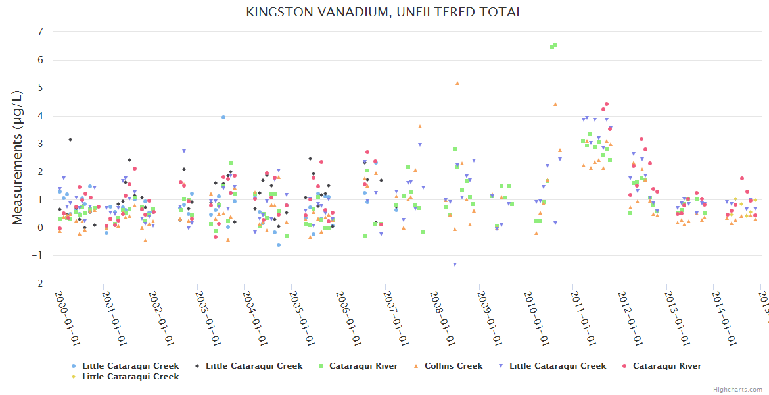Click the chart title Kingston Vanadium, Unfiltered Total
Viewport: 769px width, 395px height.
pyautogui.click(x=384, y=12)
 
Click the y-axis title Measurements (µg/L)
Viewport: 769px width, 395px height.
pyautogui.click(x=18, y=158)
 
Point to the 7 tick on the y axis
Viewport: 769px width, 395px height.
pyautogui.click(x=41, y=32)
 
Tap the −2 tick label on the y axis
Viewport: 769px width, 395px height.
pyautogui.click(x=39, y=284)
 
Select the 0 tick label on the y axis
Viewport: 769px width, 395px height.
pyautogui.click(x=41, y=228)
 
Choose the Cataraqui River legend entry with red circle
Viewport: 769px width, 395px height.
pyautogui.click(x=666, y=366)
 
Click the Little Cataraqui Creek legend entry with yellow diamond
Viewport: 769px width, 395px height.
pyautogui.click(x=129, y=377)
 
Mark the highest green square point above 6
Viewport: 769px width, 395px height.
pyautogui.click(x=555, y=45)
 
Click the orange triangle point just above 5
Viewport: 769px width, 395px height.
pyautogui.click(x=457, y=84)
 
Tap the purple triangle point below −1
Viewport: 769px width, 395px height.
pyautogui.click(x=454, y=265)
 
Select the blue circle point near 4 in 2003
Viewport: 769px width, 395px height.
pyautogui.click(x=223, y=117)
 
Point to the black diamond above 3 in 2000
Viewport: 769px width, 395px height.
pyautogui.click(x=70, y=140)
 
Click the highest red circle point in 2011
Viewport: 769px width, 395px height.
pyautogui.click(x=607, y=104)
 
